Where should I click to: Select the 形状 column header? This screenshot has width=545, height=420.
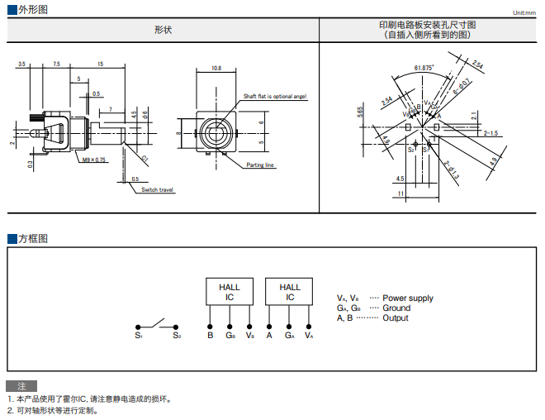pos(163,30)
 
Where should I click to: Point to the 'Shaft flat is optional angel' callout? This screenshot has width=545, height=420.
pos(275,97)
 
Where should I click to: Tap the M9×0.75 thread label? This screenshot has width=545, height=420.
pos(93,160)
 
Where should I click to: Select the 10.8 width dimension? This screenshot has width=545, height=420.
pos(216,68)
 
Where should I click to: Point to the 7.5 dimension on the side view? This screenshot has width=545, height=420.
pos(56,64)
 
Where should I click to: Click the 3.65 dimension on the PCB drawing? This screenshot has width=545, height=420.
pos(360,112)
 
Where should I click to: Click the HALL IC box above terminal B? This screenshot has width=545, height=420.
pos(230,292)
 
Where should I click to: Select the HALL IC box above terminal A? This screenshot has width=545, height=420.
pos(290,292)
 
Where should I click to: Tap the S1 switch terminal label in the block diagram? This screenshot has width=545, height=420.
pos(139,336)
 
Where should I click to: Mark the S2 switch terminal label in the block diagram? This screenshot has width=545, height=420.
pos(177,336)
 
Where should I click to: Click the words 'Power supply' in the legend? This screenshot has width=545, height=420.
pos(408,298)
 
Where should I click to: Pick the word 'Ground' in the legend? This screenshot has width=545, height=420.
pos(396,308)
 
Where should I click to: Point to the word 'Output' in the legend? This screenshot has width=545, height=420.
pos(396,317)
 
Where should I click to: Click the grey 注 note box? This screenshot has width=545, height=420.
pos(21,386)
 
